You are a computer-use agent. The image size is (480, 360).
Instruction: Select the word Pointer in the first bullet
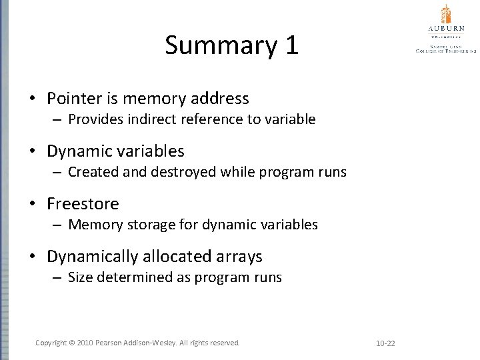[x=73, y=99]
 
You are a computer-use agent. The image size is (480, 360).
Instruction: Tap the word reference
[x=205, y=119]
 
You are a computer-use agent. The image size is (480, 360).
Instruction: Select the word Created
[x=92, y=172]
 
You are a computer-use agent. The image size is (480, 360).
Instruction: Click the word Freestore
[x=83, y=203]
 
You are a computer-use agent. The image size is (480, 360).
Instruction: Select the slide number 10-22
[x=385, y=343]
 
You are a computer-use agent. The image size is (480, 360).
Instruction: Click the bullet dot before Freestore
[x=32, y=204]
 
